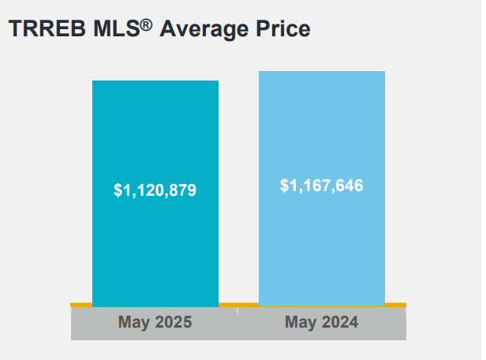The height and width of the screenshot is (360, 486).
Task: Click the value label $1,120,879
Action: pyautogui.click(x=155, y=190)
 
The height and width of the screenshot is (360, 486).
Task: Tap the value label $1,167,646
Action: pyautogui.click(x=322, y=186)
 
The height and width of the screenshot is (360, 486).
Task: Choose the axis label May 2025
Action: pyautogui.click(x=155, y=322)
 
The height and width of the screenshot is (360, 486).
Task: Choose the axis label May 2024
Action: pyautogui.click(x=322, y=322)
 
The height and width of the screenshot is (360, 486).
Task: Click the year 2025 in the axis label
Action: pyautogui.click(x=173, y=322)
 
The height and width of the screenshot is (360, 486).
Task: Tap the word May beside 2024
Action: pyautogui.click(x=302, y=323)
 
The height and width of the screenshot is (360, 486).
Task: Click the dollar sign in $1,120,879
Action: pyautogui.click(x=118, y=190)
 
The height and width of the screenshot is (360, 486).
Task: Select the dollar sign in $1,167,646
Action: pyautogui.click(x=285, y=186)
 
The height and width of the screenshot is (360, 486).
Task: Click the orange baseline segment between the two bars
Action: pyautogui.click(x=238, y=304)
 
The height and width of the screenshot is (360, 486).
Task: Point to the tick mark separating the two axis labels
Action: pyautogui.click(x=238, y=310)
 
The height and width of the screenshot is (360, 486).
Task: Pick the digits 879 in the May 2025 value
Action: pyautogui.click(x=181, y=190)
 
